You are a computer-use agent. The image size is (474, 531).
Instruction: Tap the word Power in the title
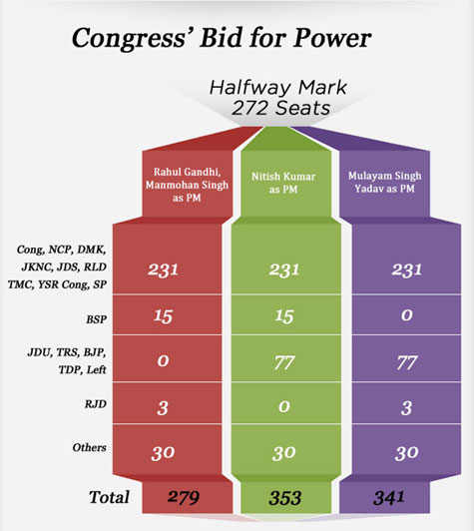tap(332, 37)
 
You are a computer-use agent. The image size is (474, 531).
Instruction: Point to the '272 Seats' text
tap(280, 109)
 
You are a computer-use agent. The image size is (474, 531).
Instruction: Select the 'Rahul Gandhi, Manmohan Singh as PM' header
tap(187, 185)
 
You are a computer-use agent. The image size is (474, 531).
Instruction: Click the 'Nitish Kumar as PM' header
tap(283, 183)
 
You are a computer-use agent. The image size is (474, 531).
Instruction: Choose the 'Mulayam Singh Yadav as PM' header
tap(384, 183)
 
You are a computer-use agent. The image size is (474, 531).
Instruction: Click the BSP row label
tap(97, 319)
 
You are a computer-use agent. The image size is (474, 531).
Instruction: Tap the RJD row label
tap(96, 404)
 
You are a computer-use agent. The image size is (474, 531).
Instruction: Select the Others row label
tap(90, 447)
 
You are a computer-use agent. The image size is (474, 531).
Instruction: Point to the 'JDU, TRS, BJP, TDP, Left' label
tap(67, 361)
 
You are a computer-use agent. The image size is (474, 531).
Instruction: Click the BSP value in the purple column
tap(406, 315)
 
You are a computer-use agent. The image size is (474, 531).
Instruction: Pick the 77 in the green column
tap(284, 362)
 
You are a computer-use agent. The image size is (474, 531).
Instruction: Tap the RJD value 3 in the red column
tap(163, 407)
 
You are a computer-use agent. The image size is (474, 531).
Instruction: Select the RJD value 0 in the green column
tap(284, 406)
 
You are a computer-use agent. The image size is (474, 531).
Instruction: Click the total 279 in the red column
tap(184, 497)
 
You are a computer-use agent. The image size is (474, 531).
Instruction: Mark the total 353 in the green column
tap(285, 498)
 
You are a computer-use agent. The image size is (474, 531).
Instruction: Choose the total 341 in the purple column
tap(389, 497)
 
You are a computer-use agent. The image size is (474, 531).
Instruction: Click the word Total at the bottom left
tap(109, 497)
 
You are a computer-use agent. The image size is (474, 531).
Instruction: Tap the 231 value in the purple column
tap(406, 269)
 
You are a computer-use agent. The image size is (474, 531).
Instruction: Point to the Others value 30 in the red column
tap(163, 453)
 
